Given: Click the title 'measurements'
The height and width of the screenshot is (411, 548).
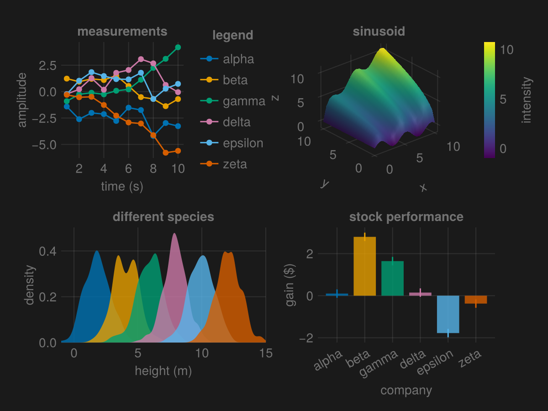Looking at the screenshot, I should click(122, 32).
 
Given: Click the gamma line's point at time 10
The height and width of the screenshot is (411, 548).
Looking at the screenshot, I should click(178, 47).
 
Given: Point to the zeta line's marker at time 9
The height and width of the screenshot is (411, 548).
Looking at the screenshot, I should click(166, 153).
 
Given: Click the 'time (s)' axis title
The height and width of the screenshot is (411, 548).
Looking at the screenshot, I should click(122, 186).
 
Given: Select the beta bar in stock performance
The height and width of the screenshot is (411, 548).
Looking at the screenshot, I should click(364, 266).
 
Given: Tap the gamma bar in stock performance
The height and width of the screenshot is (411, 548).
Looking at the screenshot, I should click(392, 279).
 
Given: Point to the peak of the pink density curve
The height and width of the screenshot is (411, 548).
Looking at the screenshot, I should click(174, 234).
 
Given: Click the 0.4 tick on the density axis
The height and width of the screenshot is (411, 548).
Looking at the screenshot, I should click(48, 251).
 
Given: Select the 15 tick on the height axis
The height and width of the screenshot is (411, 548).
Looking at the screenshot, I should click(266, 353).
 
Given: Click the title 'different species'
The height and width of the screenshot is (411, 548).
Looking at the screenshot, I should click(163, 216).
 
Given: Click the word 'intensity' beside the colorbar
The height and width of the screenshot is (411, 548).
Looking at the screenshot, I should click(527, 100).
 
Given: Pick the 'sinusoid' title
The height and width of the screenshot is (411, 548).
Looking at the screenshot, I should click(379, 32).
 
